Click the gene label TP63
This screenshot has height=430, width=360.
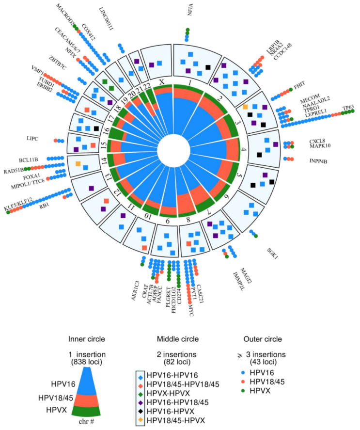point(348,108)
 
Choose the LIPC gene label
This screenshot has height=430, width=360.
point(33,138)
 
